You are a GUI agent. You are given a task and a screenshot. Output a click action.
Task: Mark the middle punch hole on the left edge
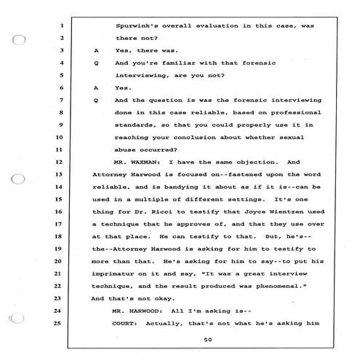point(21,176)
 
